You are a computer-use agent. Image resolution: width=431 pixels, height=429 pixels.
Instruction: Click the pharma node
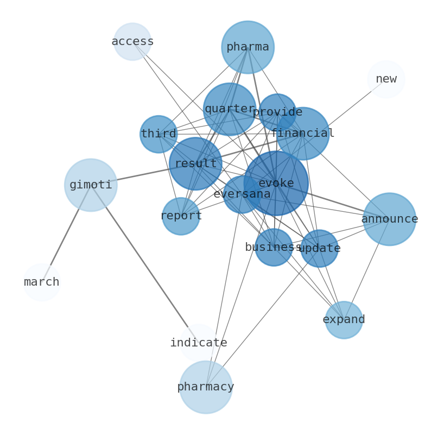248,47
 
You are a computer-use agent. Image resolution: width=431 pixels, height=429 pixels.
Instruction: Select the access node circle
132,42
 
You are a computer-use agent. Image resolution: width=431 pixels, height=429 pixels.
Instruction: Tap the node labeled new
386,79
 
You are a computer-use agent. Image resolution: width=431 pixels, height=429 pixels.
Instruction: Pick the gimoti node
91,185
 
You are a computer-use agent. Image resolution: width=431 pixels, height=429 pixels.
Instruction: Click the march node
42,282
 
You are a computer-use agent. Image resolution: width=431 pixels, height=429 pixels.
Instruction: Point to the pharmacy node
206,387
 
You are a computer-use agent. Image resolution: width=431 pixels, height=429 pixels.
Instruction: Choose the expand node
344,320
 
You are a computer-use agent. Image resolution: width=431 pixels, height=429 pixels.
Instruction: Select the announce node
389,219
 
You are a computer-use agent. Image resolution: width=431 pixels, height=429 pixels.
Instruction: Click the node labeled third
159,134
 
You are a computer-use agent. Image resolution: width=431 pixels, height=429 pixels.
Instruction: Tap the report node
181,216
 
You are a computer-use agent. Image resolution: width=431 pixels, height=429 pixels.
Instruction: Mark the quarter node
230,109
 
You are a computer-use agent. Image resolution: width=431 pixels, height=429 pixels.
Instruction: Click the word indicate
199,343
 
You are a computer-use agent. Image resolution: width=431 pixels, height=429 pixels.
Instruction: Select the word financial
303,134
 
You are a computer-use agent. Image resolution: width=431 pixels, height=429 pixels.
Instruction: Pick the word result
195,163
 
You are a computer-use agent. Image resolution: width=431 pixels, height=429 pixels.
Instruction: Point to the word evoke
276,184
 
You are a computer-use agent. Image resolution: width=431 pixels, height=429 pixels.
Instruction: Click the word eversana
242,194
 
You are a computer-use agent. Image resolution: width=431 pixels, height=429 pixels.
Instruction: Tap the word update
319,249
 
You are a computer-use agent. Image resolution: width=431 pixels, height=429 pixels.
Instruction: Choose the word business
274,248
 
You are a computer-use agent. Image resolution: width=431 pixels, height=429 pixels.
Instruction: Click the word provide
277,112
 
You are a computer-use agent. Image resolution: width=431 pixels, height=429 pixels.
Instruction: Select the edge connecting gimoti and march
66,234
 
